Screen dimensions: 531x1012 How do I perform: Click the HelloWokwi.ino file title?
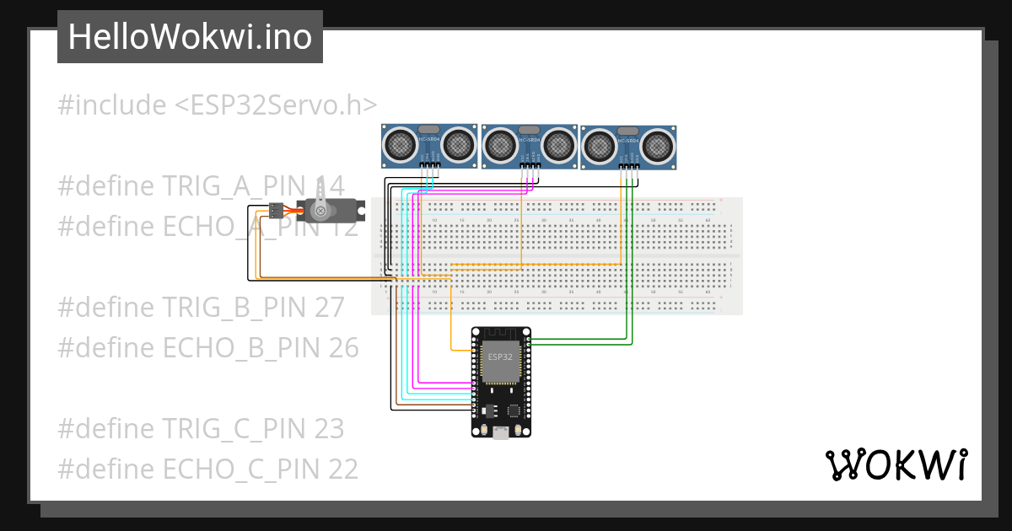coord(190,37)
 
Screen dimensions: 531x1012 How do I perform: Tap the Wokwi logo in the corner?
coord(895,465)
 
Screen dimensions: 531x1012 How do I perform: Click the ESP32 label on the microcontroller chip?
coord(499,357)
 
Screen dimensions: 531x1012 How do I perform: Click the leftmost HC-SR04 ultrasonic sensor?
coord(430,146)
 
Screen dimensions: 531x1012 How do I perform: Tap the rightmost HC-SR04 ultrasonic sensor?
coord(628,147)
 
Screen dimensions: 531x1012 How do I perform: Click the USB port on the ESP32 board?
coord(501,433)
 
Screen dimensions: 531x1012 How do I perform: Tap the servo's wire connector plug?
coord(276,209)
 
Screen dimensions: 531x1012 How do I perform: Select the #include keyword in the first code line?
coord(112,105)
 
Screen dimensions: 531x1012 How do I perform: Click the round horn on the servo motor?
coord(320,208)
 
